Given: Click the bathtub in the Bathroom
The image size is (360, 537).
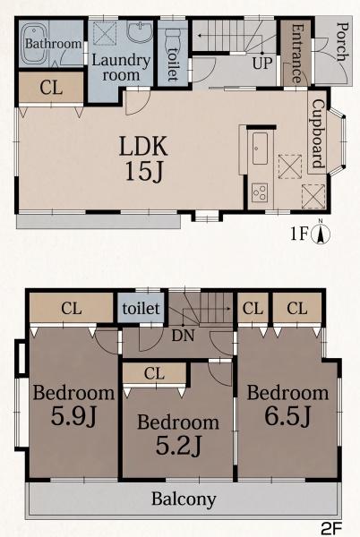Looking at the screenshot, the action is (35, 45).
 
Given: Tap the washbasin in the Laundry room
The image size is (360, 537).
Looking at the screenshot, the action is (140, 32).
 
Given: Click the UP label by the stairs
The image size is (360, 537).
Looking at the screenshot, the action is (262, 63).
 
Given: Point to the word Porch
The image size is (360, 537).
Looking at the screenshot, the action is (342, 41).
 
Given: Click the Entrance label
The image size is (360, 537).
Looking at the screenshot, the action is (296, 54).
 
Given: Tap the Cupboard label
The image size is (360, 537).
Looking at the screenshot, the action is (318, 133).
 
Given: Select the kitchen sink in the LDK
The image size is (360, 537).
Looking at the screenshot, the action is (261, 149).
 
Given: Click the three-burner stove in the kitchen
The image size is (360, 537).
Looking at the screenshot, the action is (260, 192).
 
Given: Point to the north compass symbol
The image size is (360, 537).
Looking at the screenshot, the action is (321, 234).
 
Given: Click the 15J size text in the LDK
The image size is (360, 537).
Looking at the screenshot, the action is (142, 171).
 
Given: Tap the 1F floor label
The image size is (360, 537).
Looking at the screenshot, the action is (300, 234).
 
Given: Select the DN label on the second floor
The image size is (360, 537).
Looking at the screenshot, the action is (183, 336).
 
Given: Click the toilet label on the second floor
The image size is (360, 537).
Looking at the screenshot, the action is (141, 309).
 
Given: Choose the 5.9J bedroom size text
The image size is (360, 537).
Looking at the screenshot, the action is (73, 416).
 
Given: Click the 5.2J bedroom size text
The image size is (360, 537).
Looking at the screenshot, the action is (178, 445).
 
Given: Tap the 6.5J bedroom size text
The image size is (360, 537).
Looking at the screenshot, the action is (287, 415).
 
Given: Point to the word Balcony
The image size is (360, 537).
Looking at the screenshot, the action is (184, 499).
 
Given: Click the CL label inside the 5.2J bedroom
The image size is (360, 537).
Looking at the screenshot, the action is (154, 373).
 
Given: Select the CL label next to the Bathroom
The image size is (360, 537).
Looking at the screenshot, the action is (51, 88).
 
